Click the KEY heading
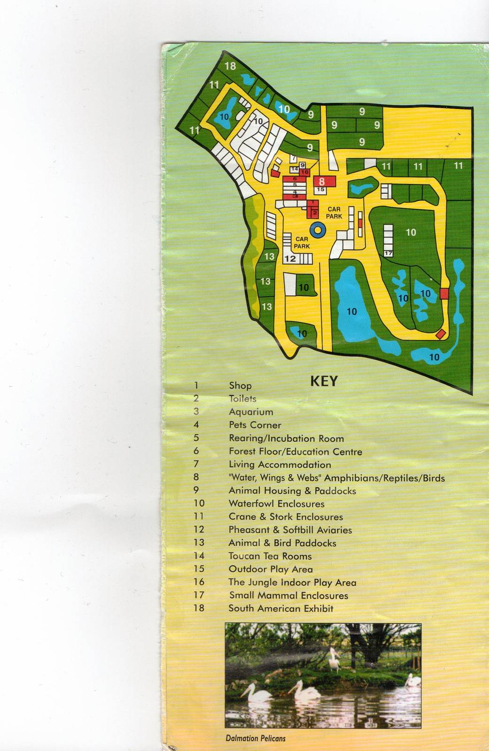coord(324,381)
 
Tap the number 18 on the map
coord(230,66)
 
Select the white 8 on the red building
coord(322,181)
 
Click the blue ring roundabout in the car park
coord(318,230)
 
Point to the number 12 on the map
coord(290,259)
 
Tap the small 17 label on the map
coord(388,253)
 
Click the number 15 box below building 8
coord(321,190)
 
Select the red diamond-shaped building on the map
coord(441,334)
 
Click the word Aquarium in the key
coord(251,412)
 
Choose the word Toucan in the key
coord(244,556)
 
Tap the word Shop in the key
coord(240,386)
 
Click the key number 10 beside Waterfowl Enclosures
coord(199,504)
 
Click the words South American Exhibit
coord(281,608)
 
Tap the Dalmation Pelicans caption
coord(256,738)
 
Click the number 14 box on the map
coord(295,169)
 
